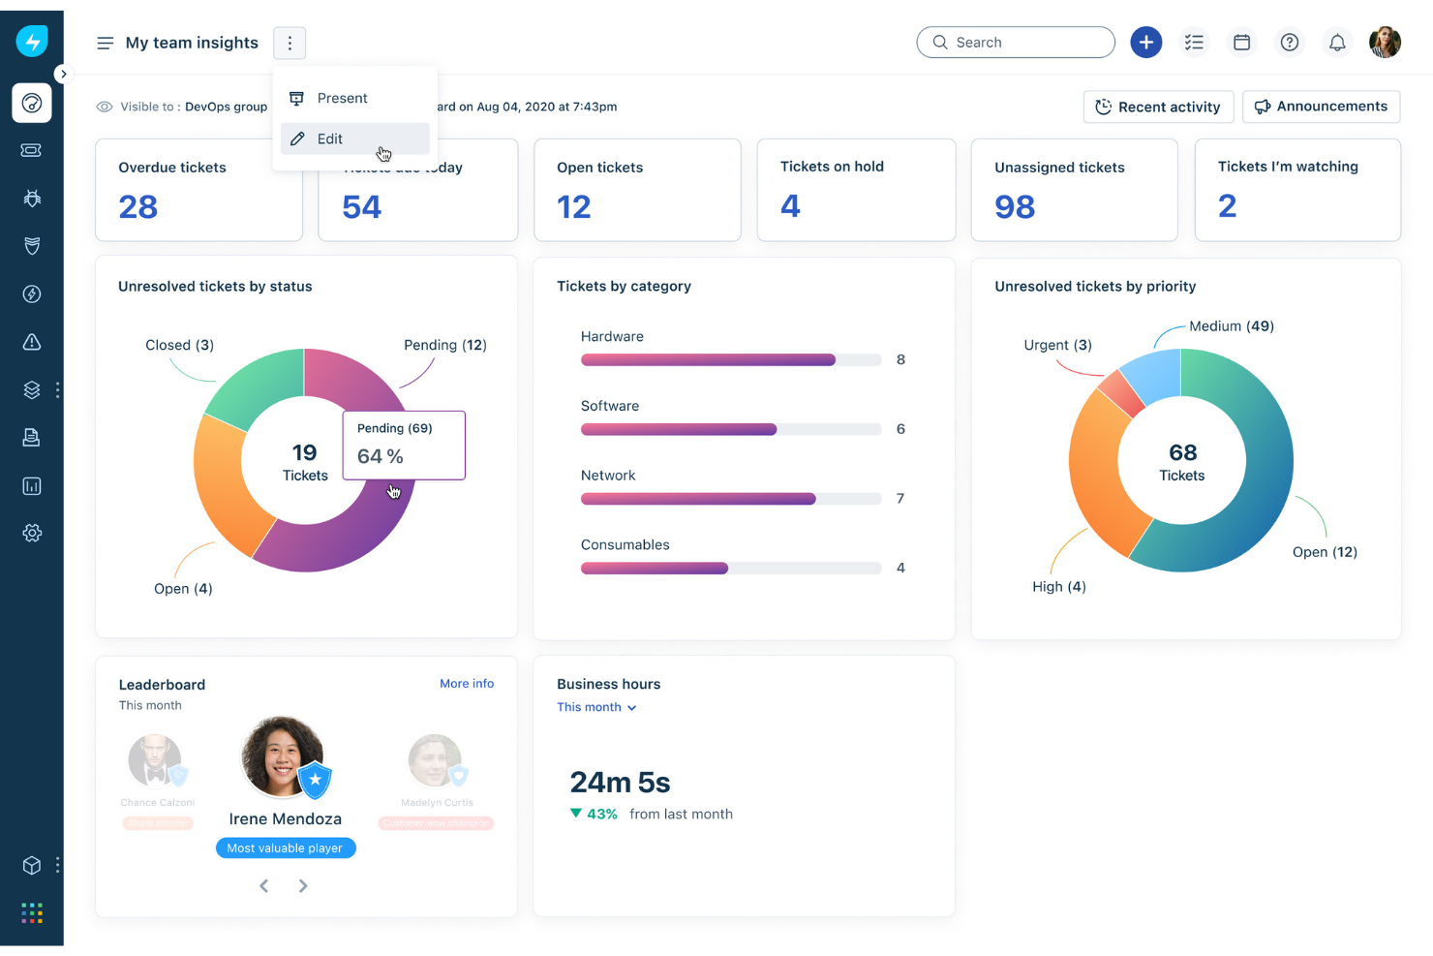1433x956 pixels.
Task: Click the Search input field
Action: [1016, 43]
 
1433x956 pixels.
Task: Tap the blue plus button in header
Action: [1145, 43]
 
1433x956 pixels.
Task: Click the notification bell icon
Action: [1336, 43]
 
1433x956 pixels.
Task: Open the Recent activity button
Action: [1158, 107]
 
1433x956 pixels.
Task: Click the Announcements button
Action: [1321, 107]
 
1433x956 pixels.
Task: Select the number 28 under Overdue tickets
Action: [138, 206]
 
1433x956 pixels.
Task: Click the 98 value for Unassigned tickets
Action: [1015, 206]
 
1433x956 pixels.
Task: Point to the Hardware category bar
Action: [709, 360]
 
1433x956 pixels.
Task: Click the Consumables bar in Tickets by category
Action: [655, 569]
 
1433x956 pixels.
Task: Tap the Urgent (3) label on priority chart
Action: [1057, 345]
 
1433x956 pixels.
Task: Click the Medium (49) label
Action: [1231, 326]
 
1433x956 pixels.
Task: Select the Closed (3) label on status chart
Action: [179, 345]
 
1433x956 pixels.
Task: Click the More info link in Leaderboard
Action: [467, 684]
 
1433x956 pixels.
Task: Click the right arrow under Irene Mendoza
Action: [303, 886]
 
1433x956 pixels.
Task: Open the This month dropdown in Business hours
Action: [596, 708]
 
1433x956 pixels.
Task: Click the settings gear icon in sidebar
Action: [32, 534]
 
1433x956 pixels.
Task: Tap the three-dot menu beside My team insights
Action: [290, 43]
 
